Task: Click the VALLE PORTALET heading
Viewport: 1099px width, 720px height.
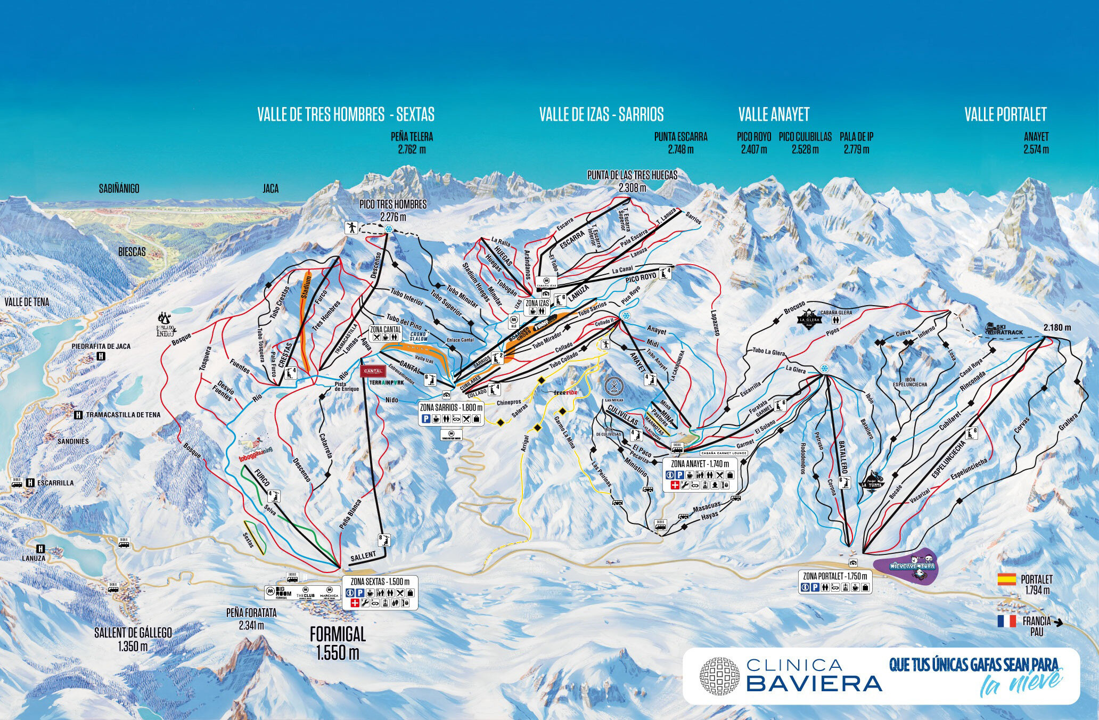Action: (1005, 114)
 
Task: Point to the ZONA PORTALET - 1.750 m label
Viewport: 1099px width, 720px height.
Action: (835, 576)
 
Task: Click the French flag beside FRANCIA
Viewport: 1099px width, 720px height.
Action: (1007, 621)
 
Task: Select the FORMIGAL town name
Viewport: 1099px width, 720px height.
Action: (338, 635)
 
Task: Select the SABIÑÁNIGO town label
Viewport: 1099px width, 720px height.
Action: (119, 189)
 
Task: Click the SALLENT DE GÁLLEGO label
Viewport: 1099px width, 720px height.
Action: (133, 633)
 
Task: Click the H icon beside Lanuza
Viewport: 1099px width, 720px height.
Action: (39, 548)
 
